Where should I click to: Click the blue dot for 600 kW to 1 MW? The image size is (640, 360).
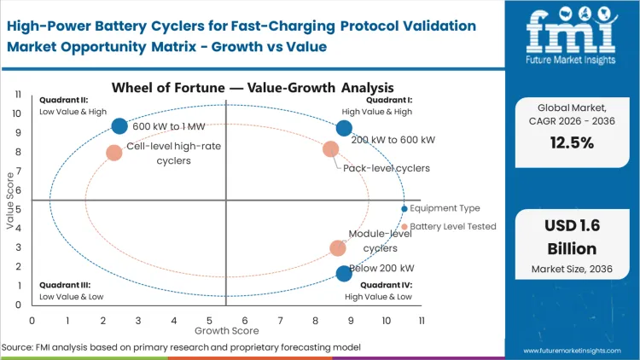point(119,126)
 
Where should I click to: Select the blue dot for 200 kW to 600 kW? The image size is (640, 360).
point(344,129)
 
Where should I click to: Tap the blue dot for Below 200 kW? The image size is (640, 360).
point(344,274)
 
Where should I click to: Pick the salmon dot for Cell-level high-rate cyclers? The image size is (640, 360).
point(114,153)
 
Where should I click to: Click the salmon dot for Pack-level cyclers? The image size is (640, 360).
point(331,149)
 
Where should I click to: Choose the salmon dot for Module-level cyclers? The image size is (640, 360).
point(338,248)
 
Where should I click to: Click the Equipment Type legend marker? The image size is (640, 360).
point(404,208)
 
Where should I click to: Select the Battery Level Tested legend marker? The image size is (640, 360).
point(404,227)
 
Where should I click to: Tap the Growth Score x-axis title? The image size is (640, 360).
point(226,329)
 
